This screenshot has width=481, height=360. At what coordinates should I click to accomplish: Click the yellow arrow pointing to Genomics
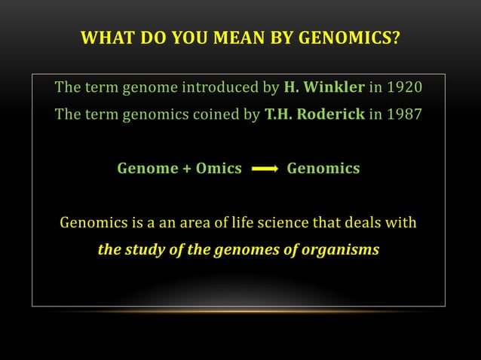[x=264, y=169]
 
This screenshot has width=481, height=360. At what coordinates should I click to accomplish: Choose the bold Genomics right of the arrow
[x=323, y=169]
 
